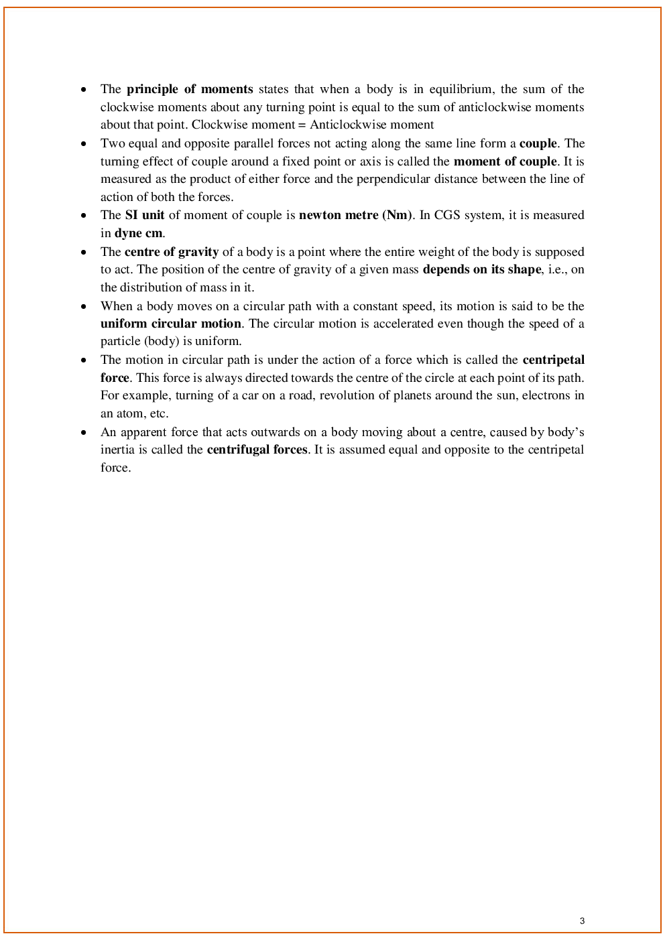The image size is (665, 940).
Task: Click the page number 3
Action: [x=582, y=921]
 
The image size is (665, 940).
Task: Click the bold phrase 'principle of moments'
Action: [x=190, y=89]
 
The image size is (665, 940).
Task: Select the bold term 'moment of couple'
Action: [x=505, y=161]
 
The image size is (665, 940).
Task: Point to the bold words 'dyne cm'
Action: [x=139, y=233]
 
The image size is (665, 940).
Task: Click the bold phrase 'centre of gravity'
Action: [x=172, y=252]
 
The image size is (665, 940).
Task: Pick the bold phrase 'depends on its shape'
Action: [x=481, y=269]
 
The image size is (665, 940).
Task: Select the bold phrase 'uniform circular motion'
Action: [x=171, y=324]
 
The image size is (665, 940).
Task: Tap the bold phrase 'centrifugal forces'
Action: [x=257, y=450]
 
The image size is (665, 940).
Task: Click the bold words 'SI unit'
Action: [x=145, y=215]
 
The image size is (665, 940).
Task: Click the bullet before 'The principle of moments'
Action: [x=84, y=89]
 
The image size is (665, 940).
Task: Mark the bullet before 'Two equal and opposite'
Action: [x=84, y=143]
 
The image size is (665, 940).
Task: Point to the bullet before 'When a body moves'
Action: [x=84, y=306]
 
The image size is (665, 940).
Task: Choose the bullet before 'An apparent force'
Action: [x=84, y=432]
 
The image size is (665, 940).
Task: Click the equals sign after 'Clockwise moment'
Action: [x=302, y=125]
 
